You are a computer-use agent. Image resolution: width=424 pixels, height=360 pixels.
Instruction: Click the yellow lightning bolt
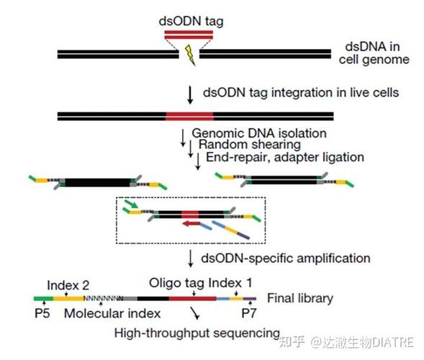click(190, 55)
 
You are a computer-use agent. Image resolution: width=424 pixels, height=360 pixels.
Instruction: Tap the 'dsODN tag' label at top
click(191, 22)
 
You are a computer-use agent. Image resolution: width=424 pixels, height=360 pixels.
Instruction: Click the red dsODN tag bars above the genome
click(189, 35)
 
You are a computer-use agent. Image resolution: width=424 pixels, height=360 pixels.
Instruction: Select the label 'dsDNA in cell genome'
click(374, 53)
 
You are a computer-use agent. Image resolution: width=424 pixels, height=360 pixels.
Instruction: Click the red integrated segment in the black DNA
click(189, 117)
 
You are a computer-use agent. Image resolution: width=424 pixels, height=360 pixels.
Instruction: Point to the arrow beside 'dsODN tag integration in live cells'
click(190, 95)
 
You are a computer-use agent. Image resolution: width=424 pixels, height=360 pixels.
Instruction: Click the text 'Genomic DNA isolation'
click(259, 133)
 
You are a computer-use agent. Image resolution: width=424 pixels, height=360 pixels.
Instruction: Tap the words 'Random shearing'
click(250, 145)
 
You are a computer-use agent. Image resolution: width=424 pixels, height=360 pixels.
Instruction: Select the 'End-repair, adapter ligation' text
click(285, 157)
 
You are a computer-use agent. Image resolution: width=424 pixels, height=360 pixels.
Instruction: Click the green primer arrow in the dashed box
click(132, 204)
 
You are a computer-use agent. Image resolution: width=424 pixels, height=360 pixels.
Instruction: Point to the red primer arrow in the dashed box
click(191, 224)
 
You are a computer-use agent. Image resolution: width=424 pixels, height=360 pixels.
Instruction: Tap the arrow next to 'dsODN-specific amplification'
click(191, 258)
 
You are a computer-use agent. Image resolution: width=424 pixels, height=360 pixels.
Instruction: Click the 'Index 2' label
click(68, 285)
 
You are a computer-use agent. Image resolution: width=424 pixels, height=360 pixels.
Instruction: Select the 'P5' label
click(42, 313)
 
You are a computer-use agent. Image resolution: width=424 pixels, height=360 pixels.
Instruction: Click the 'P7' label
click(248, 313)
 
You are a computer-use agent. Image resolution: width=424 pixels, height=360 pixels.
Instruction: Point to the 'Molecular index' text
click(112, 313)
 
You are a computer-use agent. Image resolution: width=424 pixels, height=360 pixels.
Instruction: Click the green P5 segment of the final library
click(43, 299)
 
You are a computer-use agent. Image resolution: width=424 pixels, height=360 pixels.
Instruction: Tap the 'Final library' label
click(300, 298)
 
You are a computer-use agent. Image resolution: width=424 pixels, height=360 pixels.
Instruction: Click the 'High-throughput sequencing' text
click(197, 333)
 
